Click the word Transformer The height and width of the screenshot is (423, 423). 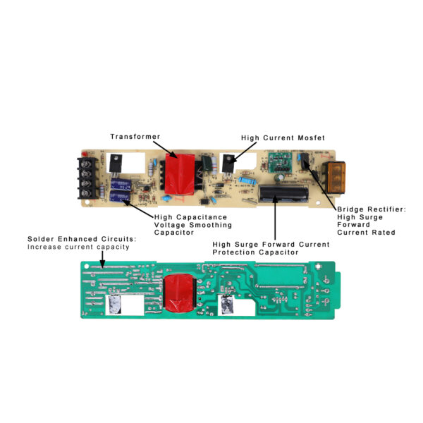click(135, 136)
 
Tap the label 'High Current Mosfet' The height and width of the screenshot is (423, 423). click(273, 137)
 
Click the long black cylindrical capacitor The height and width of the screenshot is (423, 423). click(282, 193)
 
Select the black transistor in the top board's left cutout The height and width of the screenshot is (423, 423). click(116, 163)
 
